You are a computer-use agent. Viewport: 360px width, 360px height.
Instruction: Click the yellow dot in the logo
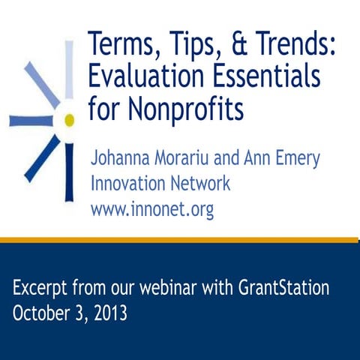coord(69,120)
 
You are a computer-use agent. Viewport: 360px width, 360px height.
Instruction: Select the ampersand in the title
coord(228,43)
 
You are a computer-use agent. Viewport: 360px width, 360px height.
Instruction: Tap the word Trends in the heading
coord(293,43)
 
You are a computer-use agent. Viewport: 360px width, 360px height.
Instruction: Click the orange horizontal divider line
coord(180,239)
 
